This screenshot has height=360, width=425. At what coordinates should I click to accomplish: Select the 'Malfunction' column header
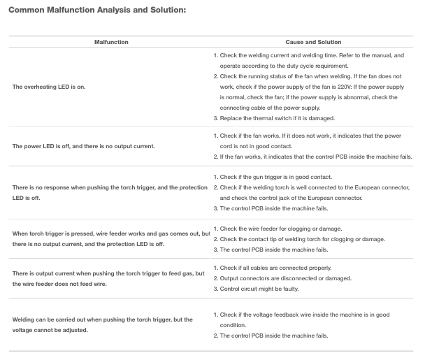(x=111, y=43)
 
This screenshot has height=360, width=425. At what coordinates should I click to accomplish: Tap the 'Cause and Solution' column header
(x=313, y=43)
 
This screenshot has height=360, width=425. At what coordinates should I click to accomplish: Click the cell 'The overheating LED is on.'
(x=48, y=87)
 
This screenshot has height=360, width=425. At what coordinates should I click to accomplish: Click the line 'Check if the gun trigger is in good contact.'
(x=280, y=177)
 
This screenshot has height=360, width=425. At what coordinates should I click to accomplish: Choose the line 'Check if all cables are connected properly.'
(x=280, y=268)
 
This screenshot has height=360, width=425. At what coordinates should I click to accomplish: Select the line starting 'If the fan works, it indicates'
(x=315, y=157)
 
